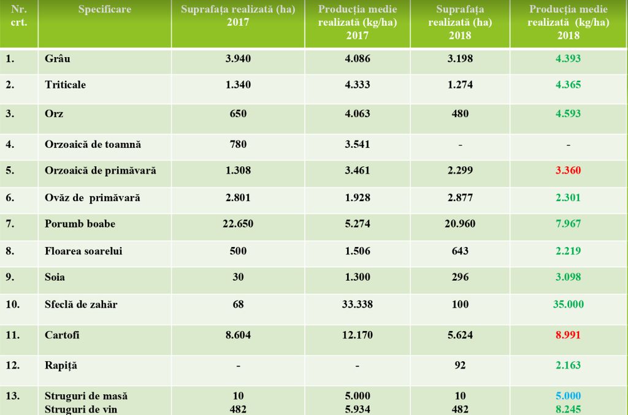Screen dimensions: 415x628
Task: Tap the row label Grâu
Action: tap(57, 59)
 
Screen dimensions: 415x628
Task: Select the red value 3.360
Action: tap(568, 170)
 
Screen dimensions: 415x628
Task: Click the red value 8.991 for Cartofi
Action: tap(568, 335)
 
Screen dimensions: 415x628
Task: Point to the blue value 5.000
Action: tap(568, 396)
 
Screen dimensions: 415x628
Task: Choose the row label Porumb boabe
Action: tap(80, 224)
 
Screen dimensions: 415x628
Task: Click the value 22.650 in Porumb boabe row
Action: tap(238, 224)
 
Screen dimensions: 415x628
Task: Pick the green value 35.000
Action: tap(568, 304)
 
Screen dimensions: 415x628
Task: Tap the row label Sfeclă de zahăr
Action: tap(81, 304)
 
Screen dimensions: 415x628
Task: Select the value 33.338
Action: tap(357, 304)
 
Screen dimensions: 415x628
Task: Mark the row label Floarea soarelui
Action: tap(83, 251)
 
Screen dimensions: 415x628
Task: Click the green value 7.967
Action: tap(568, 224)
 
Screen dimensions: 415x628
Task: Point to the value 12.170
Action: tap(357, 335)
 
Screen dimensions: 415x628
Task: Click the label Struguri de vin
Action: tap(82, 409)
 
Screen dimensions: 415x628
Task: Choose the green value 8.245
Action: tap(568, 409)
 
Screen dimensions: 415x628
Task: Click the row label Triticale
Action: tap(65, 85)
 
